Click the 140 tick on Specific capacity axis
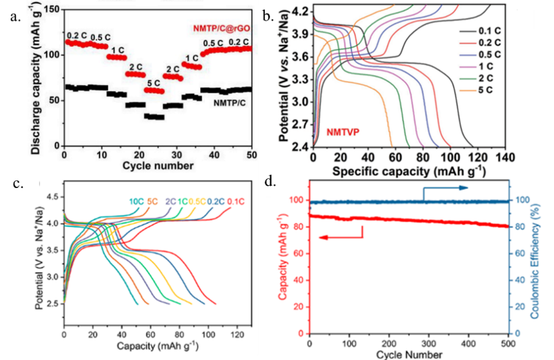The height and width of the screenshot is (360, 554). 505,157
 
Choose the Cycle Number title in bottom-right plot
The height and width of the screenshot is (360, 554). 409,354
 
